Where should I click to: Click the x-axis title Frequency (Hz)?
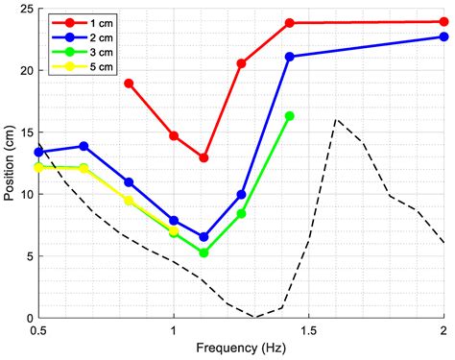241,350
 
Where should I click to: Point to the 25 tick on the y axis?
23,9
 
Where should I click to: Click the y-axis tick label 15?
23,132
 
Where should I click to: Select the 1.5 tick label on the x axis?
308,331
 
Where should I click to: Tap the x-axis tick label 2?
443,331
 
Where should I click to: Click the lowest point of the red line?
204,157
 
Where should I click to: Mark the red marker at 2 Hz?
443,21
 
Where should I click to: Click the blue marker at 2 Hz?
443,36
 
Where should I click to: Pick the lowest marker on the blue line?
204,236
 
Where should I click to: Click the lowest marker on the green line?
204,252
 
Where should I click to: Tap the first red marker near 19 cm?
129,84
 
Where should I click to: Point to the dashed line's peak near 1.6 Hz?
336,119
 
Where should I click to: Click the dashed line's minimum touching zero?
256,317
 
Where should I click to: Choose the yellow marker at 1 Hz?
174,231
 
